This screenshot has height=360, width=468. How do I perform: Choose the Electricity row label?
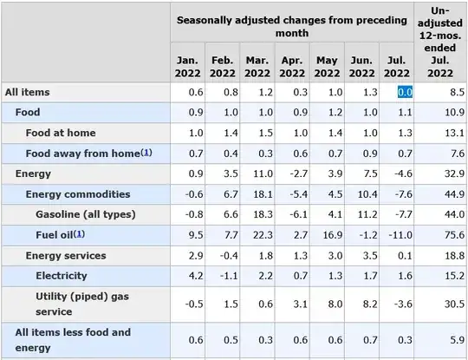62,276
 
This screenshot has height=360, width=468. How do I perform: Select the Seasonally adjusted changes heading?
291,24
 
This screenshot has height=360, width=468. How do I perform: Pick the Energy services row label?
66,255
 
